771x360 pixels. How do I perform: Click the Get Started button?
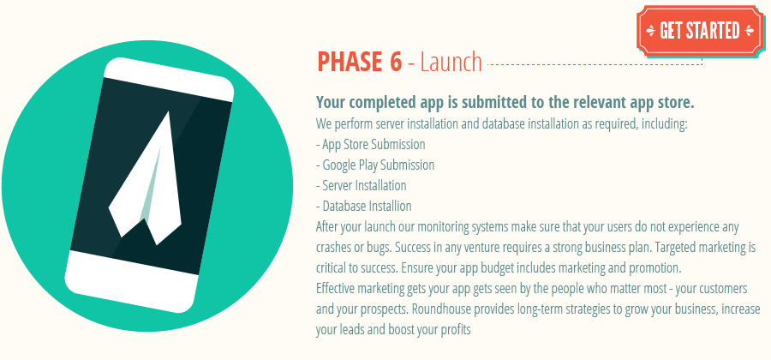pos(698,31)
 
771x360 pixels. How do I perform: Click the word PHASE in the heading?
pos(349,62)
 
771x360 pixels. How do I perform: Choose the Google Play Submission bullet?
pos(375,165)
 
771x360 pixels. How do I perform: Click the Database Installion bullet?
pos(364,206)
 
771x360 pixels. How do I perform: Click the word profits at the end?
pos(454,329)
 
